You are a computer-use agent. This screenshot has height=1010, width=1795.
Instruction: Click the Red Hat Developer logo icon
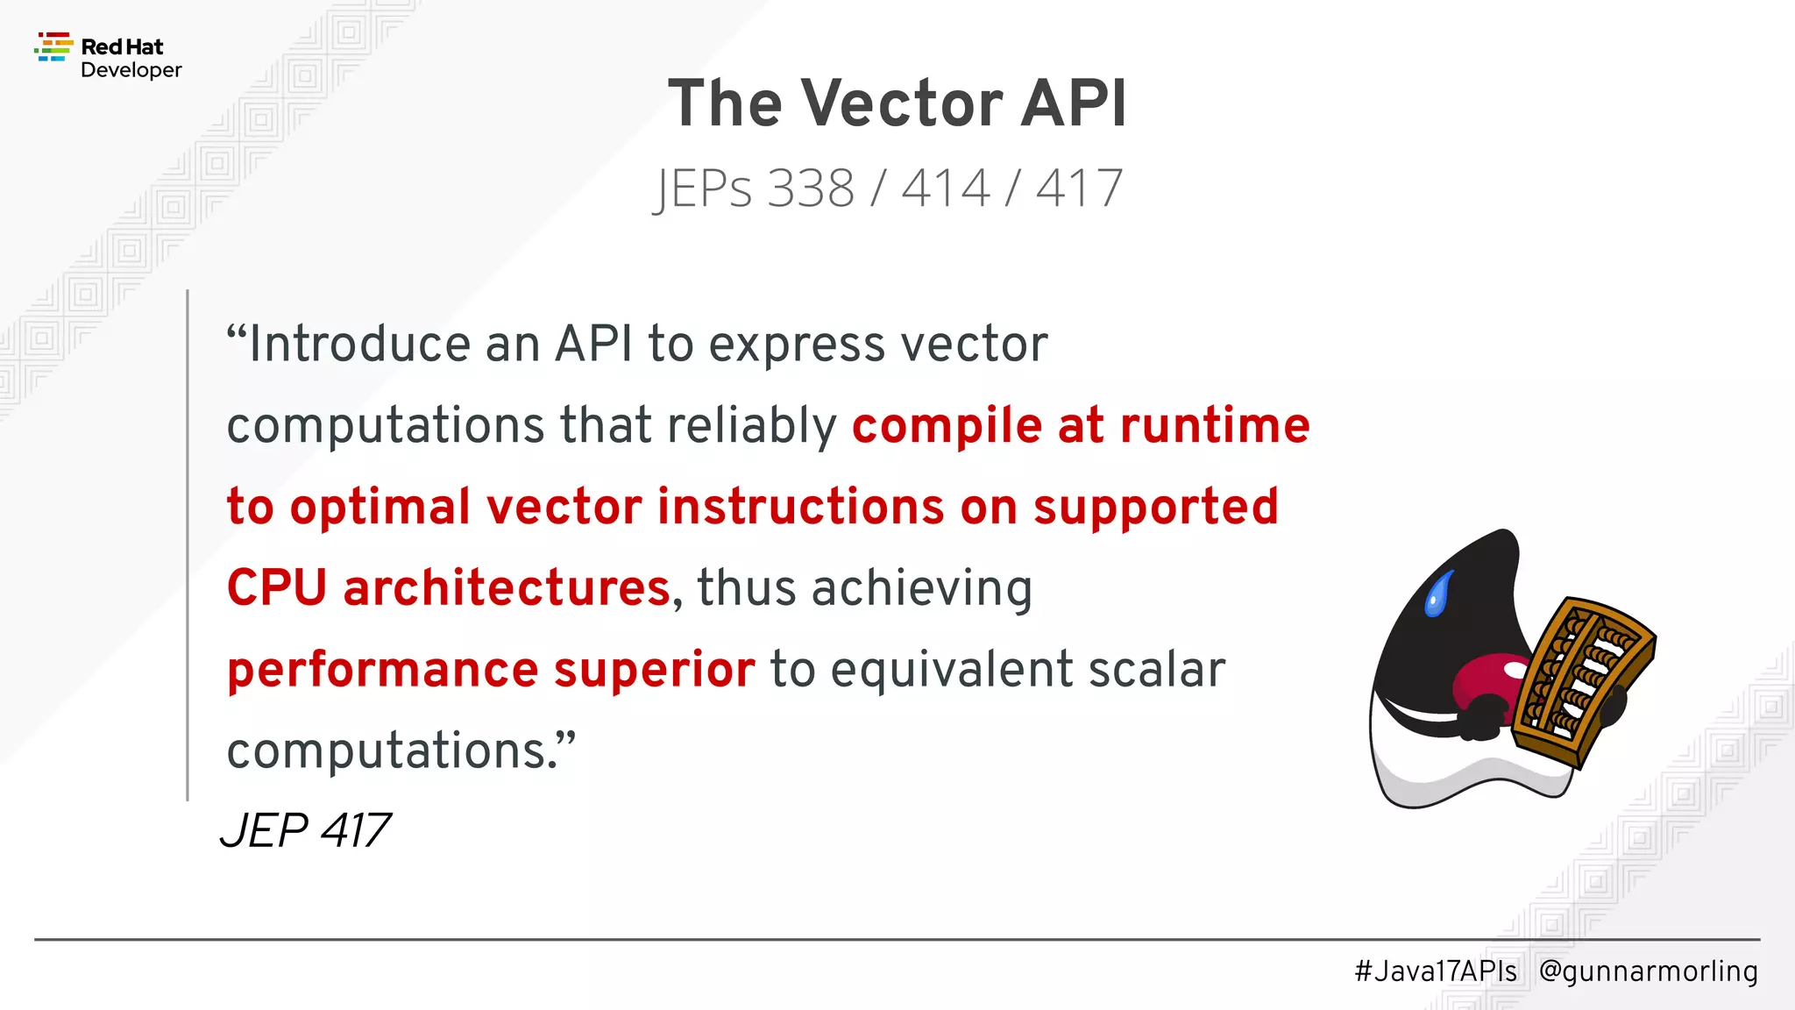click(x=53, y=47)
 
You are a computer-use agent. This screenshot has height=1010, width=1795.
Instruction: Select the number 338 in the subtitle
click(x=811, y=188)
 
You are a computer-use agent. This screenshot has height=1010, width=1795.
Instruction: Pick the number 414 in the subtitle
click(x=947, y=188)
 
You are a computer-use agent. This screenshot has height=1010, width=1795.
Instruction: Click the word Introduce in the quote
click(x=359, y=344)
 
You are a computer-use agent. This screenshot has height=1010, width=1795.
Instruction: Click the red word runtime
click(x=1215, y=426)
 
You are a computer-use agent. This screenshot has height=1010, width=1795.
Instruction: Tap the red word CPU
click(x=277, y=587)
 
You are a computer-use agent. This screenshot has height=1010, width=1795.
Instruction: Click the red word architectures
click(x=507, y=587)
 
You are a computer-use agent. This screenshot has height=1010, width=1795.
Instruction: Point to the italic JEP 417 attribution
click(x=305, y=830)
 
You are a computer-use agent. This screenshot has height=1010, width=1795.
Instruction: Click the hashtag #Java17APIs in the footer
click(x=1436, y=971)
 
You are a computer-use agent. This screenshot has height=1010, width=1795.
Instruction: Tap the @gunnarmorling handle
click(x=1648, y=971)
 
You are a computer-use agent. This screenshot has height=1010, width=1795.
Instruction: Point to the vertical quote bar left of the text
click(x=188, y=544)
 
